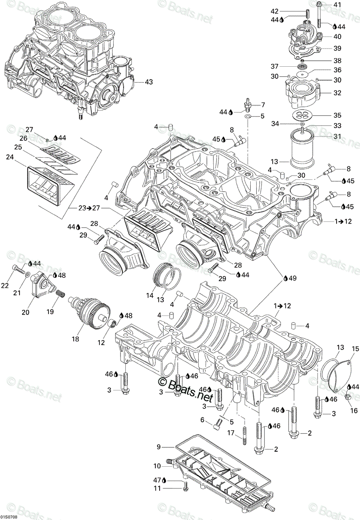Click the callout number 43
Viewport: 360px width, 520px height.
click(x=149, y=82)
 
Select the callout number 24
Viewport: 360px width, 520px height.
click(x=10, y=157)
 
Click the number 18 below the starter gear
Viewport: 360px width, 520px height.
click(x=75, y=339)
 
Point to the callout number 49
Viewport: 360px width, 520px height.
click(x=293, y=278)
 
